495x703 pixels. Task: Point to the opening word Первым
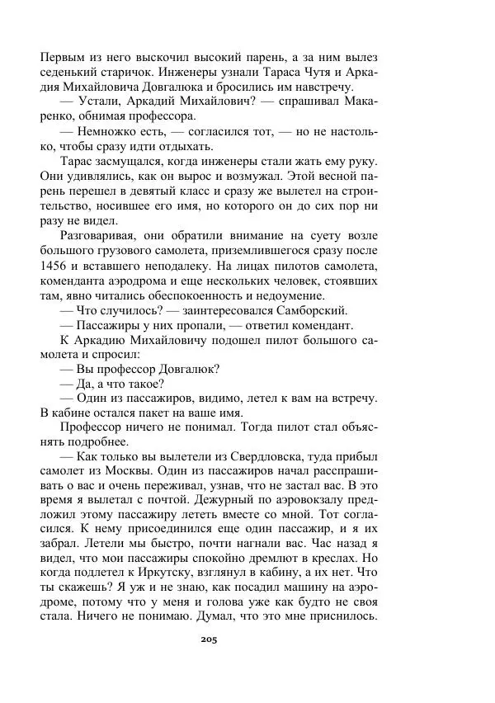tap(64, 56)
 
